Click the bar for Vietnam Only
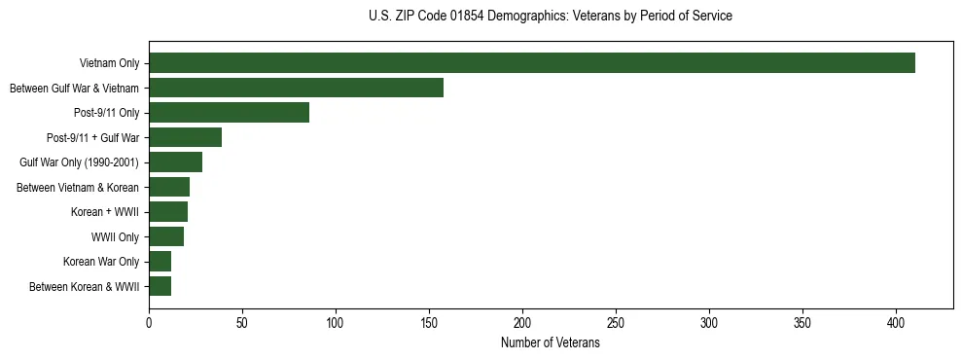point(532,63)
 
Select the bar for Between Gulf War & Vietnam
point(296,88)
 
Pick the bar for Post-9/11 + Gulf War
point(185,137)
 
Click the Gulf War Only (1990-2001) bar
point(175,162)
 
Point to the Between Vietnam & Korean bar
point(169,187)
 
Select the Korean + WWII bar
point(168,212)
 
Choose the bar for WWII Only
point(166,236)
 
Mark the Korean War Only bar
point(160,261)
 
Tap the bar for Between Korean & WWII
point(160,286)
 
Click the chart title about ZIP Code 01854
point(551,17)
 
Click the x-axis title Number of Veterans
point(551,343)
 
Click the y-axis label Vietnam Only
point(109,64)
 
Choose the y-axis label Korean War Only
point(101,262)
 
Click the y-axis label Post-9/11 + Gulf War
point(93,138)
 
